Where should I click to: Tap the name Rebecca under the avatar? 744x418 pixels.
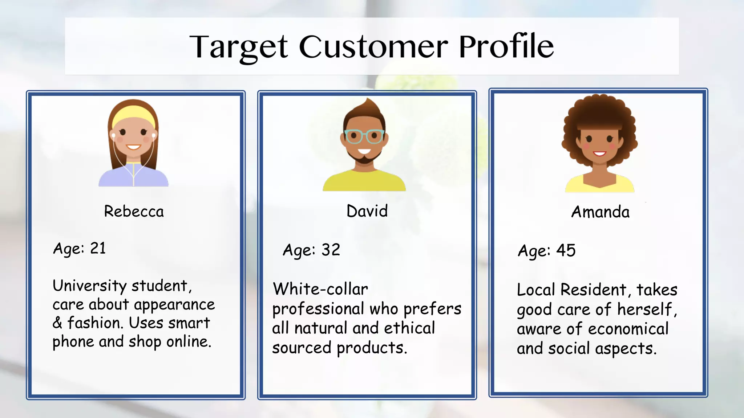click(x=134, y=212)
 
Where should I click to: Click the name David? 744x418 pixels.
click(x=367, y=211)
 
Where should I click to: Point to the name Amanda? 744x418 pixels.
click(x=600, y=212)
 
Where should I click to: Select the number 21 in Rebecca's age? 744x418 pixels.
click(x=98, y=249)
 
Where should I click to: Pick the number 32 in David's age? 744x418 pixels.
click(x=331, y=250)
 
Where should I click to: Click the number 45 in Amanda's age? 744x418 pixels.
click(x=566, y=251)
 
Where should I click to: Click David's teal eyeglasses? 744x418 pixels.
click(x=364, y=136)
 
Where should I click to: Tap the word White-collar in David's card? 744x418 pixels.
click(x=320, y=290)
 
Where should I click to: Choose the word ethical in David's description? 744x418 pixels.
click(x=409, y=328)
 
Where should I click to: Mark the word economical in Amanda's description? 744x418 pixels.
click(x=628, y=329)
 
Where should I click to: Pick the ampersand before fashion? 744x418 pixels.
click(x=57, y=323)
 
